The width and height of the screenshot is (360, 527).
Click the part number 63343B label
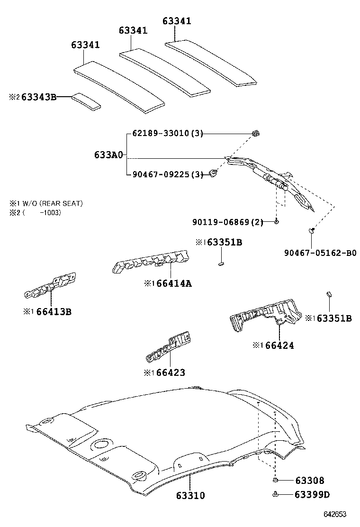coord(39,97)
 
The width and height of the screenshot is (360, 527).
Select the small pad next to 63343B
coord(86,101)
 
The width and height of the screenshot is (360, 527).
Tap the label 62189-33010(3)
coord(165,134)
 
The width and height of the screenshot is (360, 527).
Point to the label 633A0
coord(108,155)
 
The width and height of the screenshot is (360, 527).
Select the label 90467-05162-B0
coord(320,253)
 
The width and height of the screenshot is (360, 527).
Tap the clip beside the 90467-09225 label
coord(214,173)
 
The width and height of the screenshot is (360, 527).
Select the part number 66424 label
coord(279,345)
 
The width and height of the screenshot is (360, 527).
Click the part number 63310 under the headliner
coord(190,496)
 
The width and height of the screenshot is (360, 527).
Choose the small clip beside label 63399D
coord(275,495)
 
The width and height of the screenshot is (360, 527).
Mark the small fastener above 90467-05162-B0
coord(312,231)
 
